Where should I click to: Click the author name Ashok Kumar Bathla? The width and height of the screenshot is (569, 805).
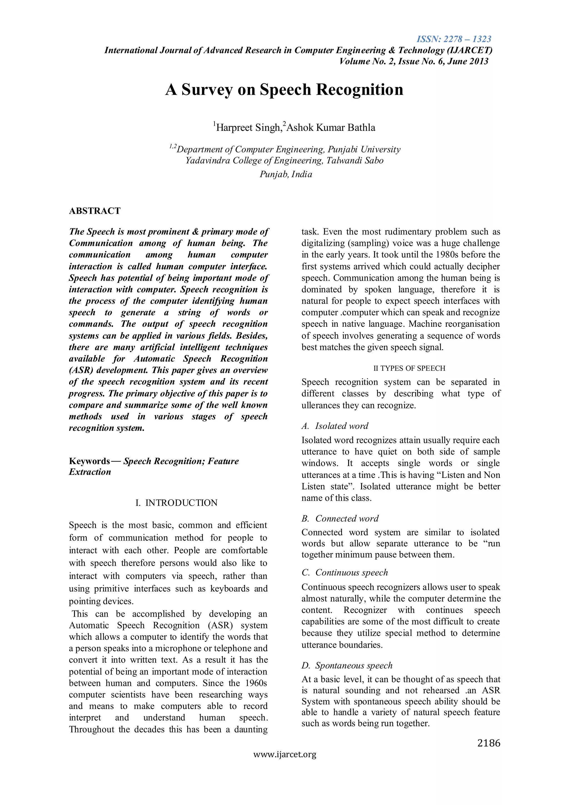pyautogui.click(x=331, y=128)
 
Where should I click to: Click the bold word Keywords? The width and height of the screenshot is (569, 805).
pyautogui.click(x=89, y=461)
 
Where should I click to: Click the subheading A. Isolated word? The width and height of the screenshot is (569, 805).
pyautogui.click(x=335, y=426)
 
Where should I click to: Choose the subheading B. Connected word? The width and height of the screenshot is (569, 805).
pyautogui.click(x=340, y=519)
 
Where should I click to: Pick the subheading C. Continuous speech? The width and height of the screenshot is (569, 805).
pyautogui.click(x=345, y=572)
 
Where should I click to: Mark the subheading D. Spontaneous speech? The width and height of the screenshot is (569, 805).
pyautogui.click(x=347, y=666)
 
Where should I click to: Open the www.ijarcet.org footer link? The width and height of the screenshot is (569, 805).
pyautogui.click(x=285, y=754)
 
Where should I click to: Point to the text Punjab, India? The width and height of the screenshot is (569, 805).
pyautogui.click(x=286, y=174)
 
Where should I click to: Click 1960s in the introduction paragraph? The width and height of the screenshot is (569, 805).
pyautogui.click(x=255, y=683)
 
